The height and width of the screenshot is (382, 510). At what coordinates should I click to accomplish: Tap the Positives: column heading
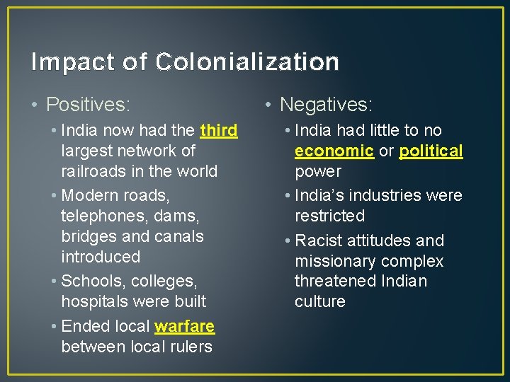pos(88,105)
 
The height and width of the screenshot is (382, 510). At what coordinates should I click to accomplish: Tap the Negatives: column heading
pos(326,105)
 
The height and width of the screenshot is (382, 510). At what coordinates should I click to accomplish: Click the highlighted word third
pos(219,130)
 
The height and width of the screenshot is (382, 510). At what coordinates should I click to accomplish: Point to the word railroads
pos(93,171)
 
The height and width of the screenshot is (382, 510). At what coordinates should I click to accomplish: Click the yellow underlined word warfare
pos(184,326)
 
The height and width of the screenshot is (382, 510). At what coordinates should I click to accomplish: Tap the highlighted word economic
pos(334,151)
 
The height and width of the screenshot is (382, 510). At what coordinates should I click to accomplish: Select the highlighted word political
pos(431,151)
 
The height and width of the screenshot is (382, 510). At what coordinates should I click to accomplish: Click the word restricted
pos(329,216)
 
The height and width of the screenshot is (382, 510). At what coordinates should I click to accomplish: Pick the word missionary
pos(335,261)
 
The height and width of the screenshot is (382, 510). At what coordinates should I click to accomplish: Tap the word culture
pos(320,301)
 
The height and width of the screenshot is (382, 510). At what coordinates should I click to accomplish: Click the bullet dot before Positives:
pos(35,106)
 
